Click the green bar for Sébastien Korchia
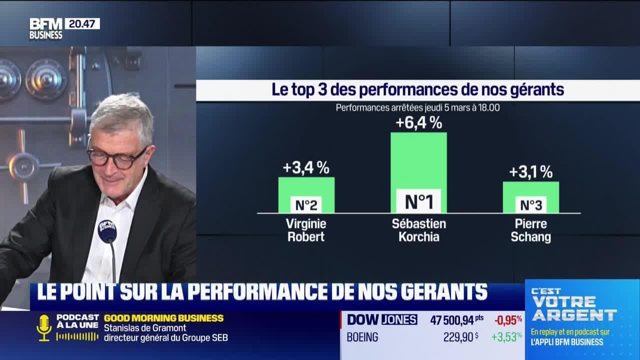[418, 160]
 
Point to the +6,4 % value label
[418, 122]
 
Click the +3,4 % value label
[306, 168]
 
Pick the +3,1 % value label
[530, 172]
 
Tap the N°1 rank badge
[418, 201]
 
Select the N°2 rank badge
[306, 204]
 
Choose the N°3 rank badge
[530, 205]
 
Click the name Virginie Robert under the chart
[306, 230]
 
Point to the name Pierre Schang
[530, 230]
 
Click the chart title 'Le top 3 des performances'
[418, 90]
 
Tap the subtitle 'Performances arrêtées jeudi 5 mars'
[418, 107]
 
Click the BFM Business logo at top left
[45, 28]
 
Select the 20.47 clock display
[82, 23]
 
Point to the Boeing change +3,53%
[506, 337]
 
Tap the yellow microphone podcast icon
[44, 327]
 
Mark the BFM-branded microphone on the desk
[107, 231]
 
